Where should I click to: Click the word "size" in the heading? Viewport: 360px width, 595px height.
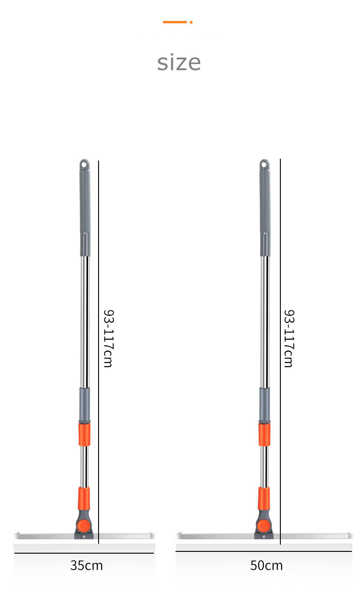click(179, 63)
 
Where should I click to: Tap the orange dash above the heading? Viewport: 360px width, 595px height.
click(175, 22)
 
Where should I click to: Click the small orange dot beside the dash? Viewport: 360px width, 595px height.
click(191, 22)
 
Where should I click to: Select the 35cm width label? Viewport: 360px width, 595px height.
click(86, 565)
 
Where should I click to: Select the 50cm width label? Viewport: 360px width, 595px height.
click(266, 565)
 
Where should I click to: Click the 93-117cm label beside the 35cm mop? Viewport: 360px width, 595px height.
click(109, 338)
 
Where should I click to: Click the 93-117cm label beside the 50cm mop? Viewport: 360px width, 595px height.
click(289, 338)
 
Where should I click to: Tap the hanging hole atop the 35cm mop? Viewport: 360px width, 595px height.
click(84, 165)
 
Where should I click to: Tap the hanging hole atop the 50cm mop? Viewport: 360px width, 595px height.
click(264, 165)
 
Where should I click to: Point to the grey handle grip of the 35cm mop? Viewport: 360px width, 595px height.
click(85, 208)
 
